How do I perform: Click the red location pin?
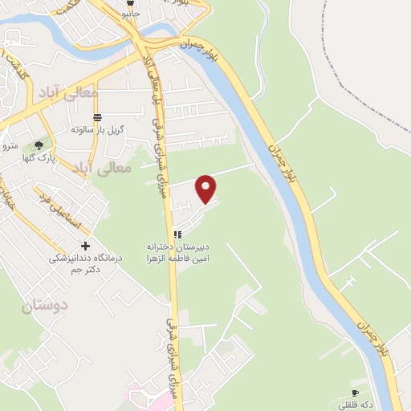(207, 189)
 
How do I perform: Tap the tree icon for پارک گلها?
(39, 145)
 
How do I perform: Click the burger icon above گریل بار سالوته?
(98, 118)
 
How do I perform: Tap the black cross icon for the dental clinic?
(86, 246)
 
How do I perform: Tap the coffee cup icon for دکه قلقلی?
(355, 393)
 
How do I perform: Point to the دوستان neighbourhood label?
(45, 305)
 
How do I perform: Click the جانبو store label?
(129, 14)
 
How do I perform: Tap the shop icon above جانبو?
(128, 3)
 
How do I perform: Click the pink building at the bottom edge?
(144, 399)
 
